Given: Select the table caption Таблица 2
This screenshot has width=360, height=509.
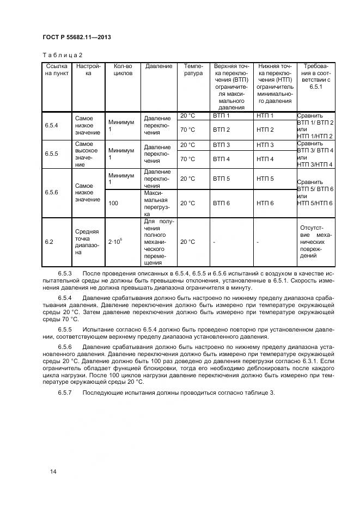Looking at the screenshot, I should [62, 55].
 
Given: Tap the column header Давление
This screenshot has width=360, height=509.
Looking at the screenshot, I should [158, 66].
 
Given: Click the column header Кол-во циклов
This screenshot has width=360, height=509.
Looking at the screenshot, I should [123, 70].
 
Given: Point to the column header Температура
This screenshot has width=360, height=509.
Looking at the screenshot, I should [193, 70].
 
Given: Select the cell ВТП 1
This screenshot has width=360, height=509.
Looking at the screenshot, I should [221, 116].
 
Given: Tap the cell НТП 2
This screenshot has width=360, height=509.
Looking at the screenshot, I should [265, 130].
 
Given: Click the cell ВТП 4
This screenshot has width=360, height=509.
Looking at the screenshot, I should [221, 159].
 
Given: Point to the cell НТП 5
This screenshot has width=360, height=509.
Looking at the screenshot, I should [265, 179].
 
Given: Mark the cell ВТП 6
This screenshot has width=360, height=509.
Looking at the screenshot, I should [221, 203].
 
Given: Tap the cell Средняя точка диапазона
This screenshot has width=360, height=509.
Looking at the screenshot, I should [87, 242].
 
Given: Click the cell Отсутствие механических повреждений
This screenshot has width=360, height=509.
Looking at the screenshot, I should [316, 242].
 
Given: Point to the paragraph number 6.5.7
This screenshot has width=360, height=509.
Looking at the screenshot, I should [65, 394].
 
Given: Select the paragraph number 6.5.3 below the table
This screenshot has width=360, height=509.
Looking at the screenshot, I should [65, 272].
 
